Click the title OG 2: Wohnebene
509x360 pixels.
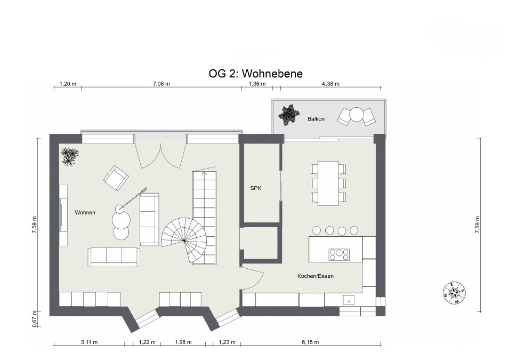[x=255, y=74]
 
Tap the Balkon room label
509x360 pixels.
[x=316, y=119]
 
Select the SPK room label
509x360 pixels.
[x=256, y=188]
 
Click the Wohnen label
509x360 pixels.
[x=85, y=212]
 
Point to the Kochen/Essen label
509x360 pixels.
[x=316, y=276]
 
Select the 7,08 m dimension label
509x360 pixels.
[x=161, y=84]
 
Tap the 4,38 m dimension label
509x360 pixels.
[x=330, y=84]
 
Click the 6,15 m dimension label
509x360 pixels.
[x=310, y=342]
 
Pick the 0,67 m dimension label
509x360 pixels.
[x=35, y=319]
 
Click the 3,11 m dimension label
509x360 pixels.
[x=89, y=342]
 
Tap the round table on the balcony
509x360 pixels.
[x=357, y=115]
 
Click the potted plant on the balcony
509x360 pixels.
[x=288, y=115]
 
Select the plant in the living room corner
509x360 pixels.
[x=69, y=156]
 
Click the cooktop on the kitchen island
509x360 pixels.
[x=339, y=255]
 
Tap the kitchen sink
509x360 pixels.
[x=349, y=300]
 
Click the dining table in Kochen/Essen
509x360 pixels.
[x=328, y=183]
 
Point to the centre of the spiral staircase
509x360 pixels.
[x=184, y=241]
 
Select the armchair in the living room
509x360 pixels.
[x=116, y=178]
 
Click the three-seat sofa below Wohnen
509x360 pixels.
[x=114, y=257]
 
